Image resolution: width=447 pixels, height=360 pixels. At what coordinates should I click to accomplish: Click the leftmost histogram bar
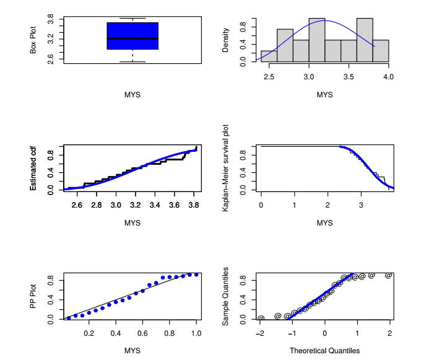click(269, 56)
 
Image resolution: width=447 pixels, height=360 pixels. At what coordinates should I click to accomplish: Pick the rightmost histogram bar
click(381, 51)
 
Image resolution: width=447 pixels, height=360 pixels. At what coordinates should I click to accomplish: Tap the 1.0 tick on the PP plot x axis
click(197, 333)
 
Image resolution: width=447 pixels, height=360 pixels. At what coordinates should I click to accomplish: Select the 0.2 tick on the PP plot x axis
click(89, 333)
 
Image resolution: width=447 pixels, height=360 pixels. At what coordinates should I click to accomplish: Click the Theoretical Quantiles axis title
click(324, 351)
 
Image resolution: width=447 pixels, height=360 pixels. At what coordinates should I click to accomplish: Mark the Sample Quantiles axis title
click(226, 296)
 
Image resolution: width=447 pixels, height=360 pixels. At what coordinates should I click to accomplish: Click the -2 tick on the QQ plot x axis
click(261, 333)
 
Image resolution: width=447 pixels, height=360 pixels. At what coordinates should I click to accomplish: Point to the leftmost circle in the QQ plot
click(261, 318)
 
